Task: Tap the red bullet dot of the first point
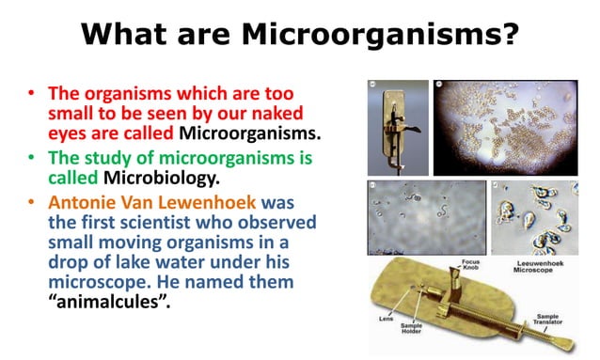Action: [x=31, y=95]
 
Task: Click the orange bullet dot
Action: [x=31, y=202]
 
